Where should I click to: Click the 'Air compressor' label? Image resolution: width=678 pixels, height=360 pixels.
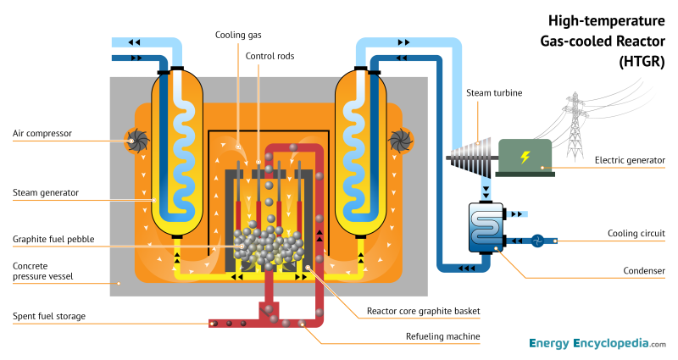click(x=42, y=133)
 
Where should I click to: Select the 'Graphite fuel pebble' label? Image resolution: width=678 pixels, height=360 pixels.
click(x=53, y=238)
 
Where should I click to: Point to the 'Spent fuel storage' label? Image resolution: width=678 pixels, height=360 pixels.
click(x=48, y=317)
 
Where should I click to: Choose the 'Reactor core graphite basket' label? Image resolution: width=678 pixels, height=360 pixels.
click(x=423, y=312)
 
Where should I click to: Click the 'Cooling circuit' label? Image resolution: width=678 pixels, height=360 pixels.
click(x=636, y=233)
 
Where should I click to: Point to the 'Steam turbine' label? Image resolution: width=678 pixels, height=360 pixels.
click(x=496, y=92)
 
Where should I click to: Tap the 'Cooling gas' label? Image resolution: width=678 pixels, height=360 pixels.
click(x=237, y=34)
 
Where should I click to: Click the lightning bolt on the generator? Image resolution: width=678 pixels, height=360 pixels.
click(x=525, y=157)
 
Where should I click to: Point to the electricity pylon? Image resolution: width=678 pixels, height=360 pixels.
click(x=577, y=114)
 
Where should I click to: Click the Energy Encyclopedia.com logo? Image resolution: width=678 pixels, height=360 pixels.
click(x=597, y=344)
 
